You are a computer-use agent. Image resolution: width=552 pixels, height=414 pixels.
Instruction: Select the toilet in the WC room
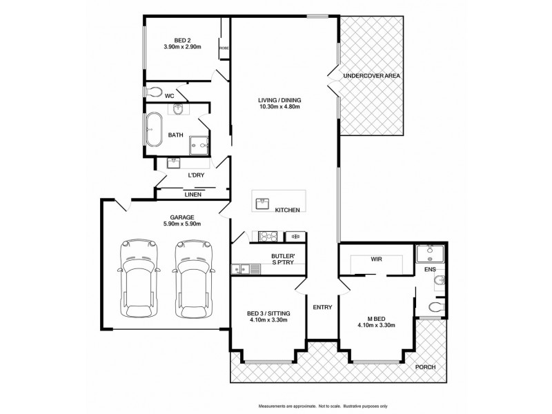click(x=155, y=91)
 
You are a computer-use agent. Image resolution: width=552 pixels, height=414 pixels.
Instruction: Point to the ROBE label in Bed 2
click(x=224, y=48)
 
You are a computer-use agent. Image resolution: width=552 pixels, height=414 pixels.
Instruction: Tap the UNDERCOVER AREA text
click(x=373, y=75)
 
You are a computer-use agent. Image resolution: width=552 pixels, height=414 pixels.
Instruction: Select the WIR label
click(x=376, y=261)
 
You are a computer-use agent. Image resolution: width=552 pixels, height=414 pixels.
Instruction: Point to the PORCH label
click(x=426, y=367)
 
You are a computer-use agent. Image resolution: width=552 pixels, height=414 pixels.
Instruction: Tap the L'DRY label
click(x=196, y=176)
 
